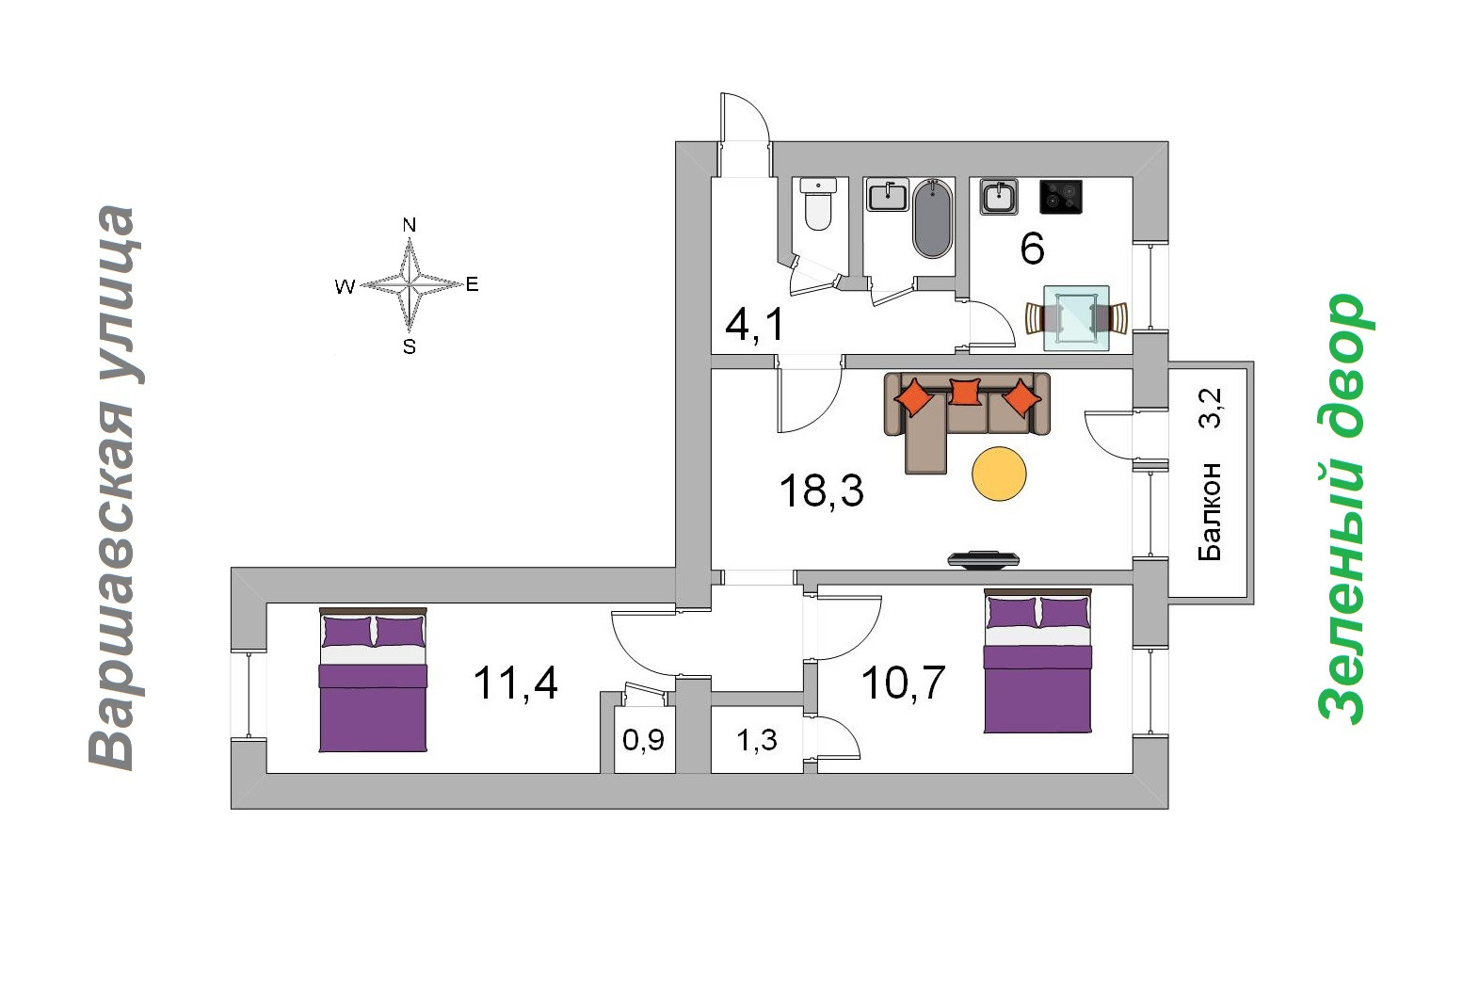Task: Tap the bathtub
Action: pos(933,218)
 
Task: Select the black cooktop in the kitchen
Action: pos(1060,197)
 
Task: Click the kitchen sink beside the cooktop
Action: pos(999,197)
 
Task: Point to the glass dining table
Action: pos(1076,318)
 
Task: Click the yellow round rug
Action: pos(999,473)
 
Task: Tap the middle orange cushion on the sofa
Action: pos(965,391)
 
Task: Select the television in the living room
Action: pos(983,558)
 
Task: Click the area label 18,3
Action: pos(821,490)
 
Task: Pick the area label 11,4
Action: pos(515,683)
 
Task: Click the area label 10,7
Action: pos(903,683)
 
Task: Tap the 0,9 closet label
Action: pos(644,740)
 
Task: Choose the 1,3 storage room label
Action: pos(756,740)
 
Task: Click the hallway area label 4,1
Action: pos(754,325)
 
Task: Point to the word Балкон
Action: pos(1210,511)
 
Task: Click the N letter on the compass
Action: pos(409,225)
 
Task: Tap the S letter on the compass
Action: pos(409,346)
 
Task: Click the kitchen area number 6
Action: pos(1032,249)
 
